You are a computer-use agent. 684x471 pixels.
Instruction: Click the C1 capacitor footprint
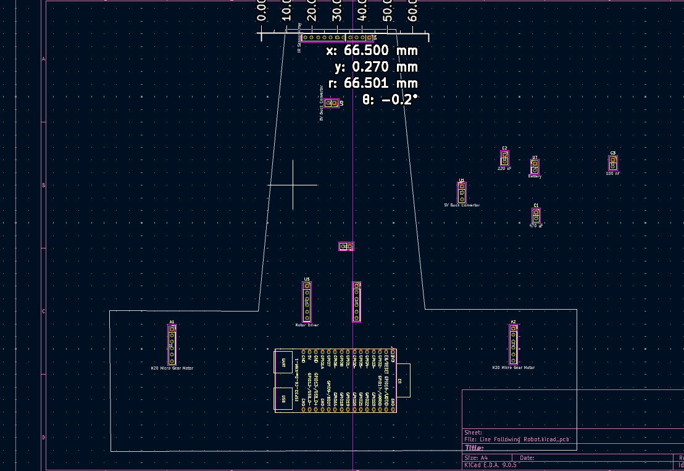tap(536, 215)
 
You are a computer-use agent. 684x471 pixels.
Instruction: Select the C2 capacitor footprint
tap(504, 159)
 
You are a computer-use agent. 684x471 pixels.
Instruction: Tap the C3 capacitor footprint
tap(613, 163)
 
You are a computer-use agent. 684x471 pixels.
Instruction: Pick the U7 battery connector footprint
tap(535, 166)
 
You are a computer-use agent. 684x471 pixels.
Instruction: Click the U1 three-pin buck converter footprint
tap(461, 192)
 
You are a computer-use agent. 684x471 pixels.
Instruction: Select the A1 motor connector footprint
tap(172, 344)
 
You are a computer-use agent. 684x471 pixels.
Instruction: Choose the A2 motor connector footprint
tap(513, 344)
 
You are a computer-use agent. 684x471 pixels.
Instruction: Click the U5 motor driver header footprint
tap(307, 302)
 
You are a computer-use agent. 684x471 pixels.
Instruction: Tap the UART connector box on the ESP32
tap(283, 362)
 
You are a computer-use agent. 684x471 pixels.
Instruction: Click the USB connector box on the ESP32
tap(283, 399)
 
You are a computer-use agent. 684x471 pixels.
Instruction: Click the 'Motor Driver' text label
tap(307, 325)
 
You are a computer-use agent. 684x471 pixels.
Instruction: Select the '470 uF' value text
tap(536, 226)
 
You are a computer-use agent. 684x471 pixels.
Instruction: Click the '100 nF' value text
tap(613, 174)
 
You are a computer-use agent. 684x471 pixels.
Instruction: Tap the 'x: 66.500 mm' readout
tap(372, 51)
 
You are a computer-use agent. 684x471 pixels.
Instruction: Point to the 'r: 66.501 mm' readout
tap(372, 83)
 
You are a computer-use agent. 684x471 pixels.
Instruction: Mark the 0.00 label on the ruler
tap(262, 11)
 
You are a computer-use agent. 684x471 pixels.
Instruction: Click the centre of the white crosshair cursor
tap(293, 185)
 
